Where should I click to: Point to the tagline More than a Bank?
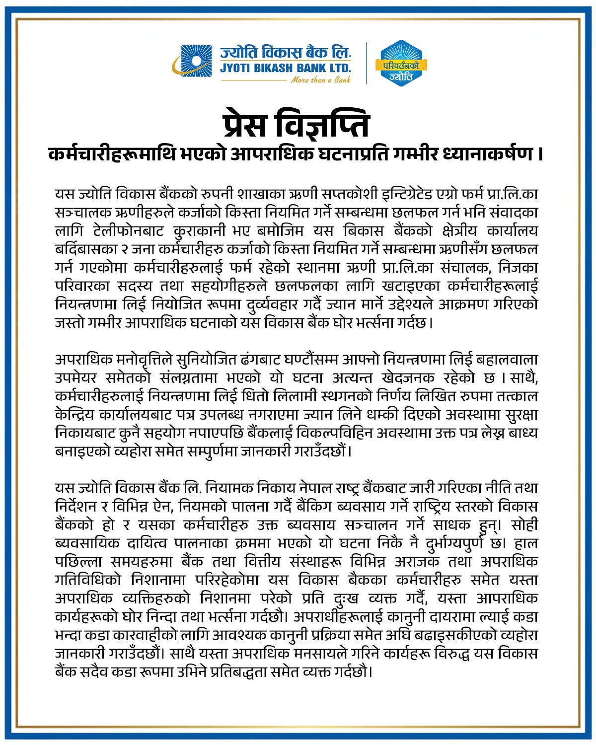320,79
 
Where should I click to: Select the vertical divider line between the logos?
367,63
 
